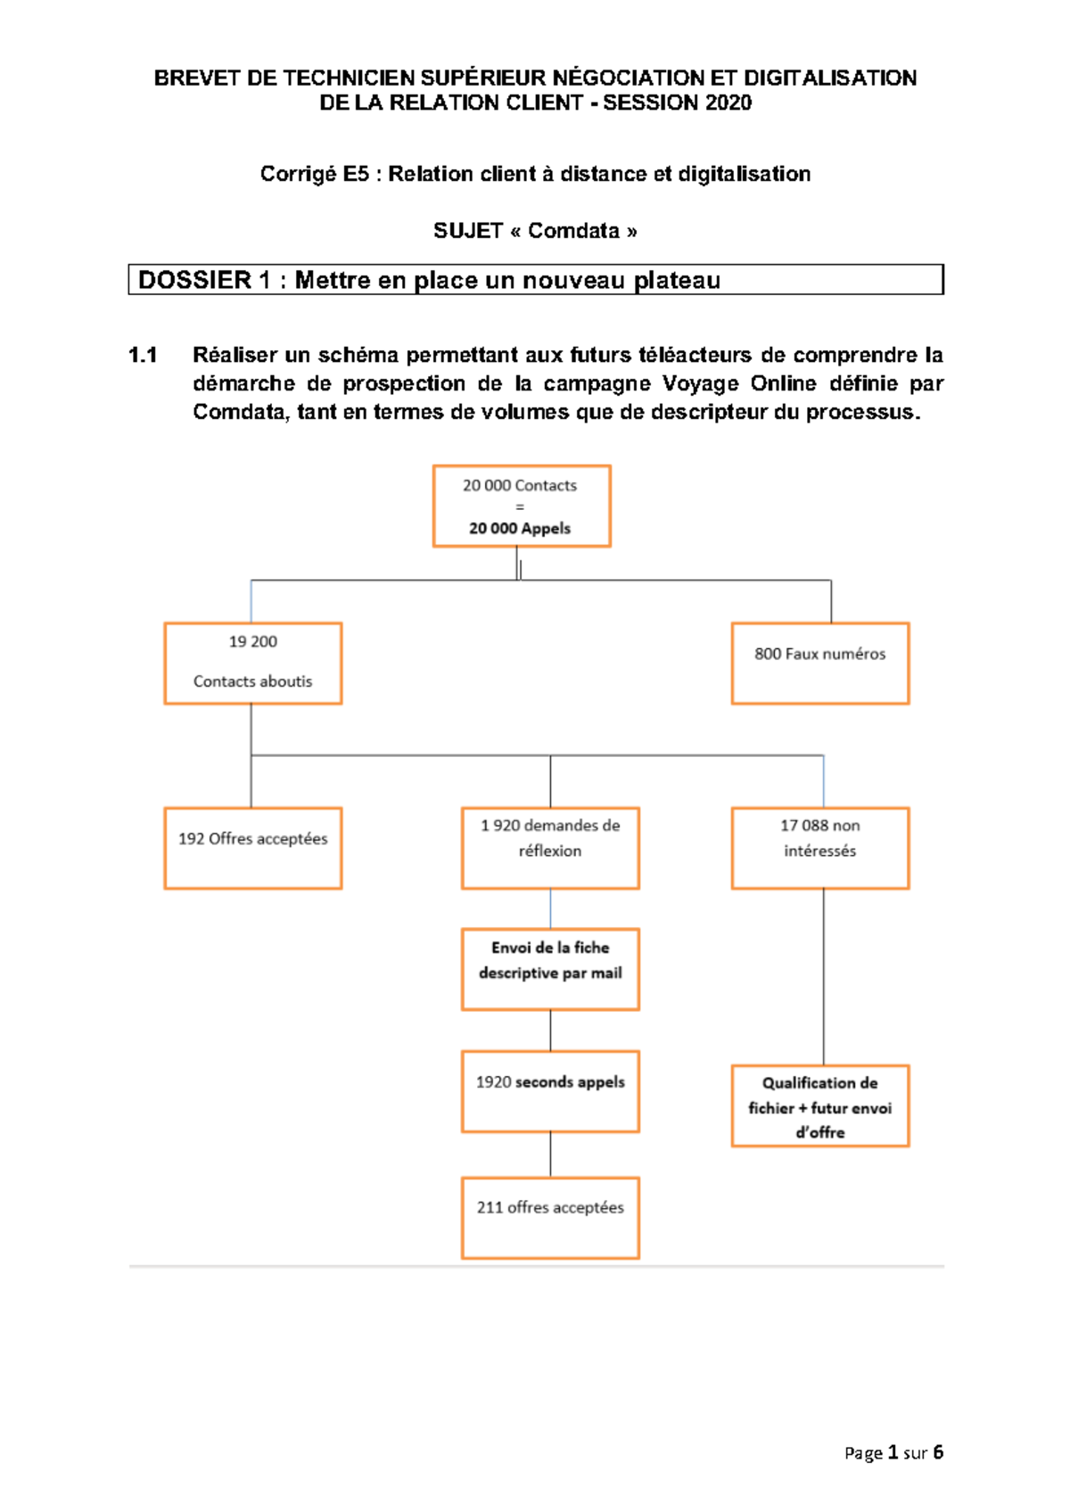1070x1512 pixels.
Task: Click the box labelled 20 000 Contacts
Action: pos(522,505)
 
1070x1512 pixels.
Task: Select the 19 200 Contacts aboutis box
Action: pos(253,663)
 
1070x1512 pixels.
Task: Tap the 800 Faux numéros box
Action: pos(820,663)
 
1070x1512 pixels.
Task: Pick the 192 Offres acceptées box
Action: pos(253,848)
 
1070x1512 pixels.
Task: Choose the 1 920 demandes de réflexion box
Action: pos(550,848)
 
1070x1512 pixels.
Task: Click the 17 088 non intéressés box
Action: pos(820,848)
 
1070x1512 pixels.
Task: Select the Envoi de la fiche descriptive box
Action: pos(550,969)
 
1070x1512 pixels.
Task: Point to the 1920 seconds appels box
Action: pos(550,1091)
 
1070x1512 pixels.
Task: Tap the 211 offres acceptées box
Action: pos(550,1217)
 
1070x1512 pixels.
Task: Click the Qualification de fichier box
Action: pos(820,1105)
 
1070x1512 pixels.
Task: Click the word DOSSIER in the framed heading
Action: pos(194,280)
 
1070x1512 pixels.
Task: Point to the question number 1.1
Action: pos(143,355)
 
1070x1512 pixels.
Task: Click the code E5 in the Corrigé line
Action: pos(355,174)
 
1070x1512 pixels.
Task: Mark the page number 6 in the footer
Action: pos(938,1452)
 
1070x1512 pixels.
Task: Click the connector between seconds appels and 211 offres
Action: pos(550,1155)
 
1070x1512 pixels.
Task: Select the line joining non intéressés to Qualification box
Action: pos(823,976)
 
